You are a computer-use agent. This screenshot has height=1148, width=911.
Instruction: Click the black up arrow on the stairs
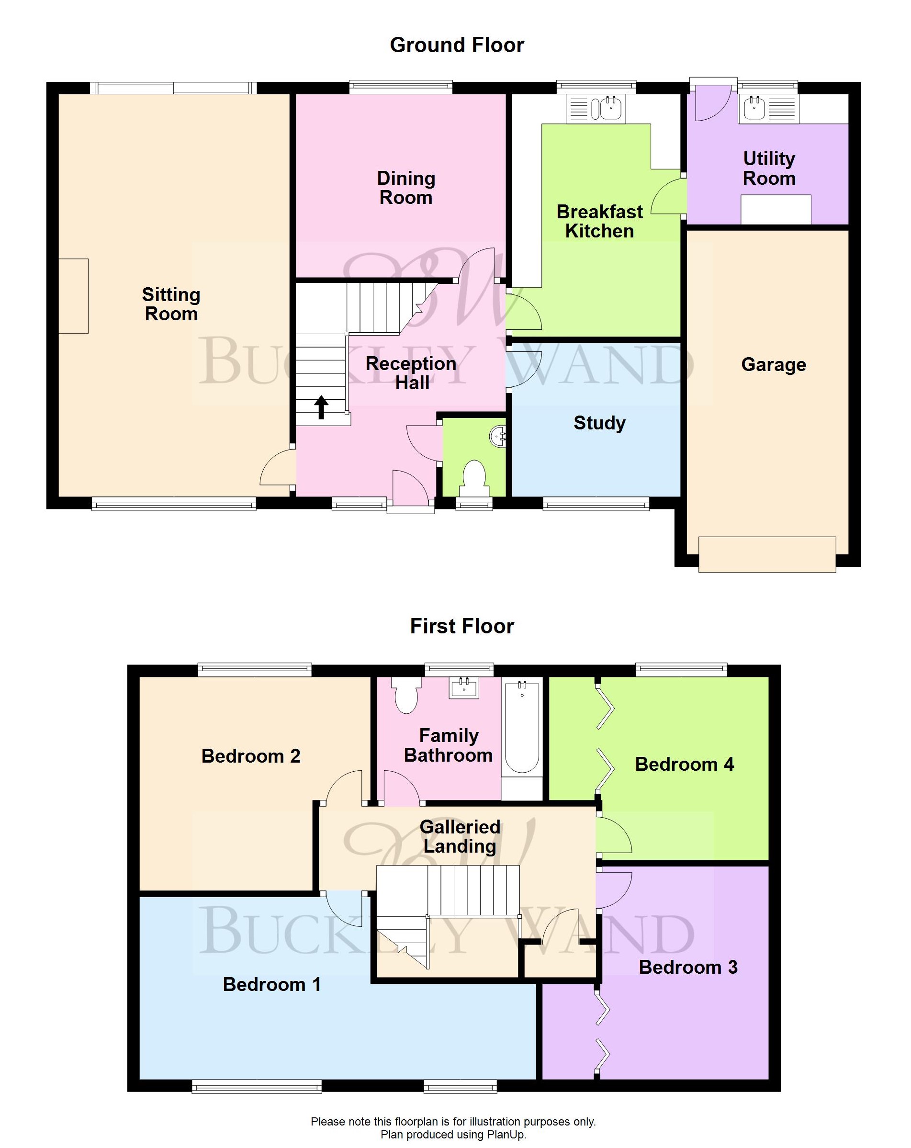click(x=321, y=407)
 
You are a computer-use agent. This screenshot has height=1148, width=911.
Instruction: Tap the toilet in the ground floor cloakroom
click(x=474, y=475)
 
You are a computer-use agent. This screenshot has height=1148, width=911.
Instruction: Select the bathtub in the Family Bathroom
click(x=522, y=727)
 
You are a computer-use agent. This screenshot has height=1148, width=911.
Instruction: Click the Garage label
click(x=773, y=365)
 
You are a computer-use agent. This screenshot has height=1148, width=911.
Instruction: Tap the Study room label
click(x=599, y=423)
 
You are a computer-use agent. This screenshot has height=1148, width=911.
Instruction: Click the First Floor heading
click(x=461, y=626)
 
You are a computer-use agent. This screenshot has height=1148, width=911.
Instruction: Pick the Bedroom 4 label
click(x=684, y=765)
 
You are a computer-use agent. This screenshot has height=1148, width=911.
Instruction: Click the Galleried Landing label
click(x=460, y=836)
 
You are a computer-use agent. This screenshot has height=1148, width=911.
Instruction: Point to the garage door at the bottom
click(x=767, y=555)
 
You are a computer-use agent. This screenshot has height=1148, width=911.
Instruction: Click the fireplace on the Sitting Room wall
click(x=73, y=296)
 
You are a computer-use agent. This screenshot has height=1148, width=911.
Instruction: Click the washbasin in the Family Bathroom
click(x=464, y=688)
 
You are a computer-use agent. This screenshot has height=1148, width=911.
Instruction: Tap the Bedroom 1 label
click(x=271, y=985)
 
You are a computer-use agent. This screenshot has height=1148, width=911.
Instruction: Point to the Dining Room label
click(x=406, y=188)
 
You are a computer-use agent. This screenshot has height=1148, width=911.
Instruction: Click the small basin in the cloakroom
click(x=497, y=437)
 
